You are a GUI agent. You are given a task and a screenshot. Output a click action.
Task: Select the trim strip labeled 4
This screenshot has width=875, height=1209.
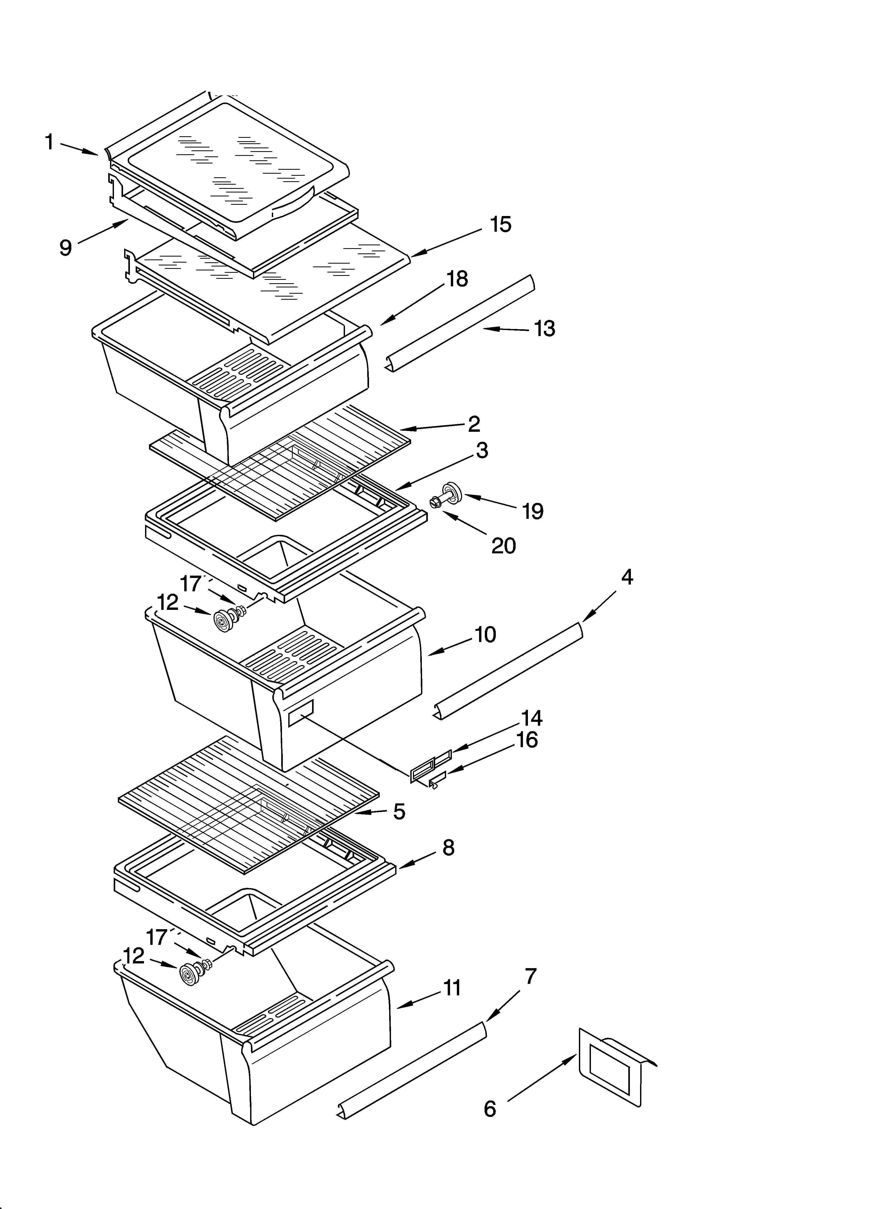coord(509,671)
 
